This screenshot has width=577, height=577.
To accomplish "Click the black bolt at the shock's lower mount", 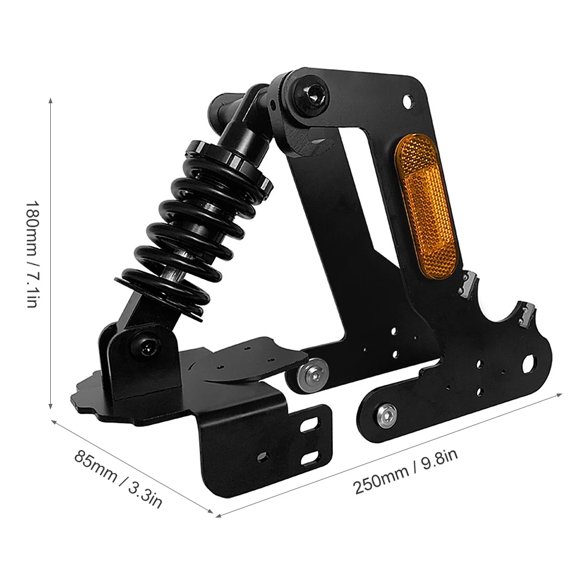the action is pos(147,345).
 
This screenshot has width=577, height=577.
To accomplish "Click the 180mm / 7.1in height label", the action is pos(32,254).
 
